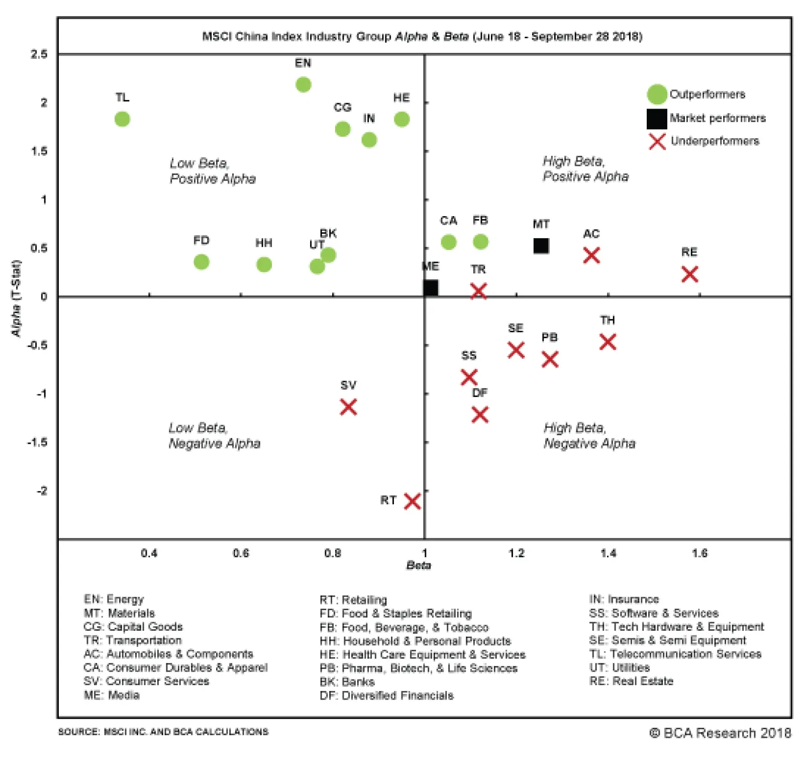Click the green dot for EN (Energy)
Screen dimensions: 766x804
pos(303,84)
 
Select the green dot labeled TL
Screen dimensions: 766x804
pos(122,119)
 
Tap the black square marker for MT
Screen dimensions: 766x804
pos(541,246)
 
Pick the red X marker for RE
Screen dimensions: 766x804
pos(689,274)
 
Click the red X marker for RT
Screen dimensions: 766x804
pos(412,501)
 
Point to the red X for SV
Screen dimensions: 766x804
pos(348,407)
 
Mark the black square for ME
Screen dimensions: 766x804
pos(431,288)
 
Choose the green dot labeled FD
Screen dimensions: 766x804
pos(201,262)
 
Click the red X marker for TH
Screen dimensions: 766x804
pos(608,342)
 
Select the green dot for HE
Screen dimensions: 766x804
pos(401,119)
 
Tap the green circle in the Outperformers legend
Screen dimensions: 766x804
pos(657,94)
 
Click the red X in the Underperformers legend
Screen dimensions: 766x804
pos(657,142)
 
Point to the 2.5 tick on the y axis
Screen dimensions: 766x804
pos(39,54)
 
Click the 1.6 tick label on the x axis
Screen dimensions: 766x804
pos(699,553)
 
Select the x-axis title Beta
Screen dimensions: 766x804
pos(419,565)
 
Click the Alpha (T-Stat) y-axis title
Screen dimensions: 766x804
pos(16,299)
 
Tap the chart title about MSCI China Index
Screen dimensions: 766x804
pos(422,36)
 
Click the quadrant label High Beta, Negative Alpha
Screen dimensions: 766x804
pos(589,435)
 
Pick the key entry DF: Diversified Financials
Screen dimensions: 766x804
pos(386,695)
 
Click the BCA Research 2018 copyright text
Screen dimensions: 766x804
pos(720,733)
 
